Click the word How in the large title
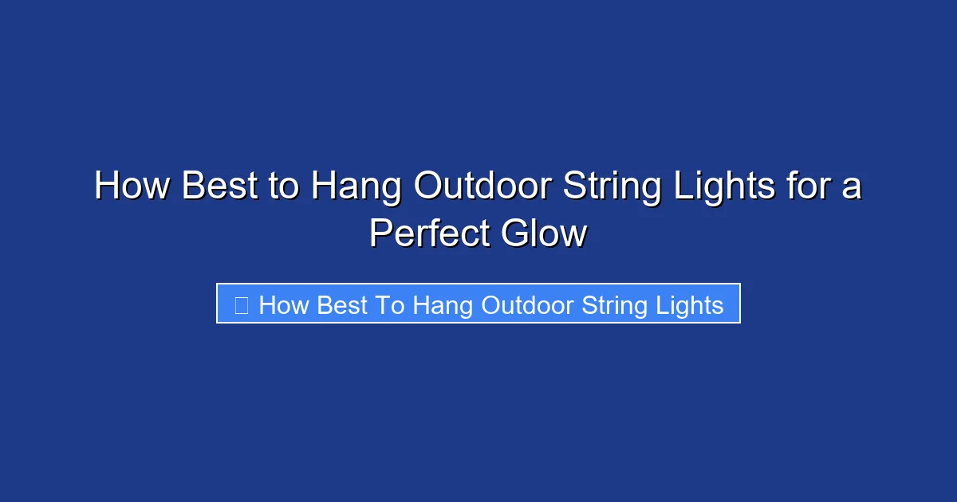click(x=132, y=187)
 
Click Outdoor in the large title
click(x=483, y=187)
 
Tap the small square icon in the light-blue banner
click(x=242, y=304)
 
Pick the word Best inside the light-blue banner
click(x=341, y=305)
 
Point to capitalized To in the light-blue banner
click(x=390, y=305)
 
